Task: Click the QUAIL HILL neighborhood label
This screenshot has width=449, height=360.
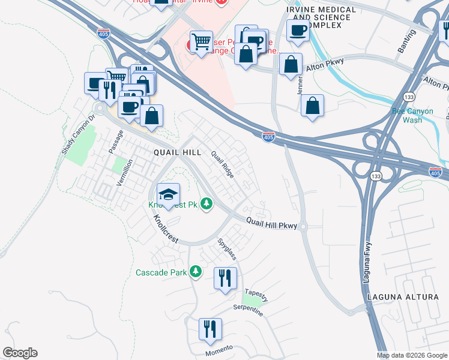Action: click(177, 152)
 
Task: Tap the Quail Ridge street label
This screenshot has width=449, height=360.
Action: click(221, 164)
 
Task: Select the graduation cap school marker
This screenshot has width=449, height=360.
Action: click(169, 194)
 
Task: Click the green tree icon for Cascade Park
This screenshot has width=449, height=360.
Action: click(195, 272)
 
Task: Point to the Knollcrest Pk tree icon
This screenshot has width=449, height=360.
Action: click(207, 205)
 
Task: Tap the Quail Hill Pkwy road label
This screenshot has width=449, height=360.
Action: click(272, 222)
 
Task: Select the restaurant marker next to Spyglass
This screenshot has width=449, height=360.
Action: click(226, 278)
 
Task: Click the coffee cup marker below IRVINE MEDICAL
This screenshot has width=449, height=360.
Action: click(298, 31)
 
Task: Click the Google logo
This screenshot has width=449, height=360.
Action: click(20, 353)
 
